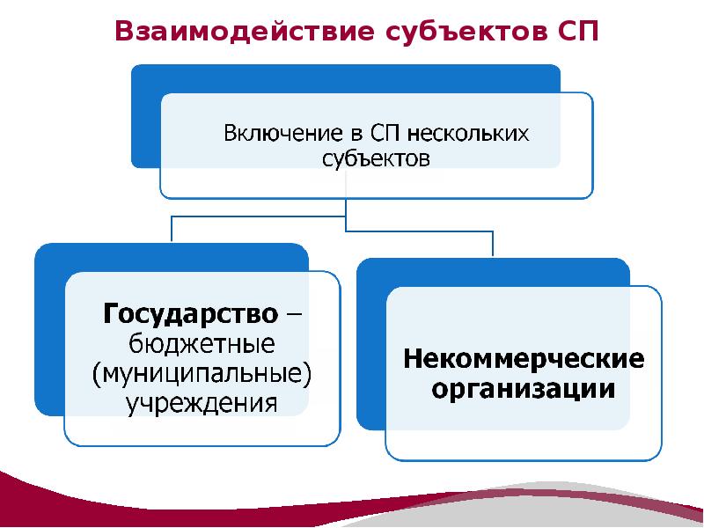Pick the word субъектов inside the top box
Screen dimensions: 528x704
click(375, 159)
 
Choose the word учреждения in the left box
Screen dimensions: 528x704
click(202, 404)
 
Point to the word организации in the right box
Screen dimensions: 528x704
click(524, 389)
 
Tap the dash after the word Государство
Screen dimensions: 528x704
click(292, 313)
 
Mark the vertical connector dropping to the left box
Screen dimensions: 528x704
click(172, 229)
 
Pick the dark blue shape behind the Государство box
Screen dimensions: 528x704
click(48, 334)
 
